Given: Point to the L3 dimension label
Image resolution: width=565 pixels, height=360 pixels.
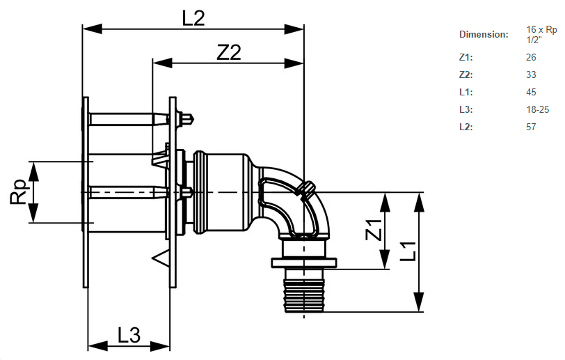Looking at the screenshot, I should tap(128, 336).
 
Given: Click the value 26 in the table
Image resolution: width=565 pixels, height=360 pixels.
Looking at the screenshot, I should tap(532, 57).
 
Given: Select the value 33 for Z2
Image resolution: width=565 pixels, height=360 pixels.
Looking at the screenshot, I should tap(532, 75).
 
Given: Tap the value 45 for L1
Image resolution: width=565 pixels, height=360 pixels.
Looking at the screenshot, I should tap(532, 92).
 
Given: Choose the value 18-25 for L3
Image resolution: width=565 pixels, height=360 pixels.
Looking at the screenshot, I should tap(538, 109).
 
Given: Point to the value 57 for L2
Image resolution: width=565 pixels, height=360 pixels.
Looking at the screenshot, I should tap(532, 127).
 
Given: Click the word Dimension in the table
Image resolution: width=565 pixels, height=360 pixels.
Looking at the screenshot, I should tap(484, 35).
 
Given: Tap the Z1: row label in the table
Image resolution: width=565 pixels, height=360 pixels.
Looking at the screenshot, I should tap(465, 57).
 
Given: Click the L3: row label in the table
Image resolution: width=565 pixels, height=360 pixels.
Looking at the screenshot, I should tap(465, 109).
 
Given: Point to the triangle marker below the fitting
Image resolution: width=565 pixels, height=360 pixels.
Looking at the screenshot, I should tap(161, 259).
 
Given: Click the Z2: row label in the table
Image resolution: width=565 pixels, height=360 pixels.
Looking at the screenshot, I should tap(465, 75).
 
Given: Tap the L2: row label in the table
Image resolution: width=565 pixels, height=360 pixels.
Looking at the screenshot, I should tap(465, 127).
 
